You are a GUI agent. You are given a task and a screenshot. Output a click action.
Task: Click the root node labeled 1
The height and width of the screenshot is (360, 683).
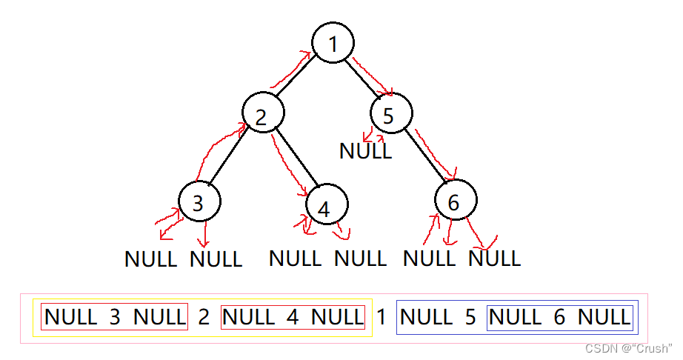(333, 44)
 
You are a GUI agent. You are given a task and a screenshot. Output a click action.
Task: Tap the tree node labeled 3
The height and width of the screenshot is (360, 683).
(199, 202)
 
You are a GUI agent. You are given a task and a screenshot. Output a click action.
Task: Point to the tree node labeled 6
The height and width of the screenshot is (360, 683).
(456, 201)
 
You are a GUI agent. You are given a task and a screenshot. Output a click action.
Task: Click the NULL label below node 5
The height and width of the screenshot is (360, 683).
(365, 150)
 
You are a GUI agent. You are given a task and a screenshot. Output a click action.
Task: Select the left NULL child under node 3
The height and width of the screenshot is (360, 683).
(151, 259)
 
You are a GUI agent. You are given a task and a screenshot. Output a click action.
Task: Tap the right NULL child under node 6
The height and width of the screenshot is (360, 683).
(495, 259)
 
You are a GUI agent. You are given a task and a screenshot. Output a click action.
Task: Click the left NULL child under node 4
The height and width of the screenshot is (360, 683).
(295, 259)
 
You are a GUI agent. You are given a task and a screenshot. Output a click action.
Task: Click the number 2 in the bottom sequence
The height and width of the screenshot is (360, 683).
(204, 318)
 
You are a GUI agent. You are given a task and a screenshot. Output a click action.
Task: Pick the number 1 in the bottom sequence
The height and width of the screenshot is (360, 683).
(382, 318)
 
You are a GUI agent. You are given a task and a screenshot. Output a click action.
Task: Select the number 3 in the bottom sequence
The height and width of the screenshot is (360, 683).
(115, 318)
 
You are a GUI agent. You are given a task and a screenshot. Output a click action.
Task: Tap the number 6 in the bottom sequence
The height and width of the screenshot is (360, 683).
(559, 318)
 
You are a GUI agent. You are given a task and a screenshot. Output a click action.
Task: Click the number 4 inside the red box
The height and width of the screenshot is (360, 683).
(293, 318)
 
